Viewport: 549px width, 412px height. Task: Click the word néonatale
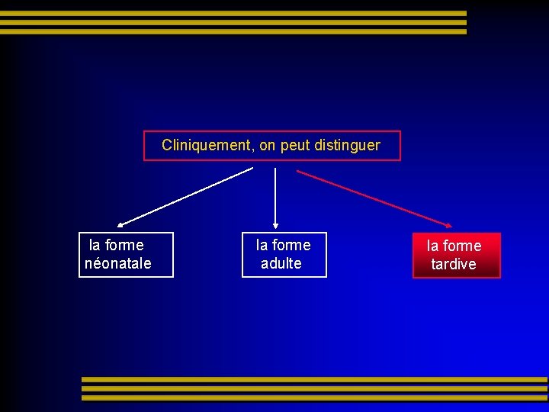pyautogui.click(x=118, y=263)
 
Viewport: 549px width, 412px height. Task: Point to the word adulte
pyautogui.click(x=281, y=263)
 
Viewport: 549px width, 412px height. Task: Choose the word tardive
pyautogui.click(x=454, y=264)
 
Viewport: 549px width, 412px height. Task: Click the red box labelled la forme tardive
pyautogui.click(x=457, y=255)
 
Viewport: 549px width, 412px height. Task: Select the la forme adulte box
pyautogui.click(x=284, y=254)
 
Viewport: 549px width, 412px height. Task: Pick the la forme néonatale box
pyautogui.click(x=126, y=254)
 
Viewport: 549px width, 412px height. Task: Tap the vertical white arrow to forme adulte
pyautogui.click(x=275, y=195)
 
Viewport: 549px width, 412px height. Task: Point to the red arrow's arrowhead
pyautogui.click(x=448, y=225)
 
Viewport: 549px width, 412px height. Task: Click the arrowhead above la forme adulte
pyautogui.click(x=275, y=224)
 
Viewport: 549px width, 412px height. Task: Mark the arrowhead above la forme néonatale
pyautogui.click(x=121, y=225)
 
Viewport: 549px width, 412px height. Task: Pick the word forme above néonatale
pyautogui.click(x=124, y=245)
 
